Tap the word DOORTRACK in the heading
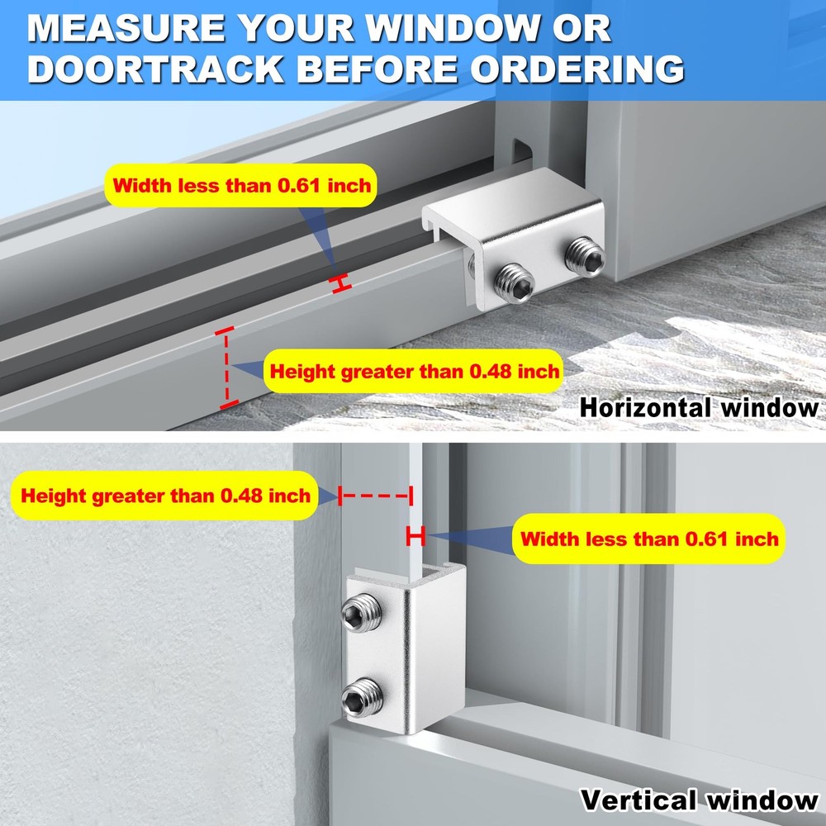point(156,69)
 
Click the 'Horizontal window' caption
point(699,407)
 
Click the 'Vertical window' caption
point(699,800)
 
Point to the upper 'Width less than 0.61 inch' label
point(242,185)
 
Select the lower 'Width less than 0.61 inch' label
point(649,539)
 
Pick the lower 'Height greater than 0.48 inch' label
point(165,496)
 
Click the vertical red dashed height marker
point(225,367)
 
